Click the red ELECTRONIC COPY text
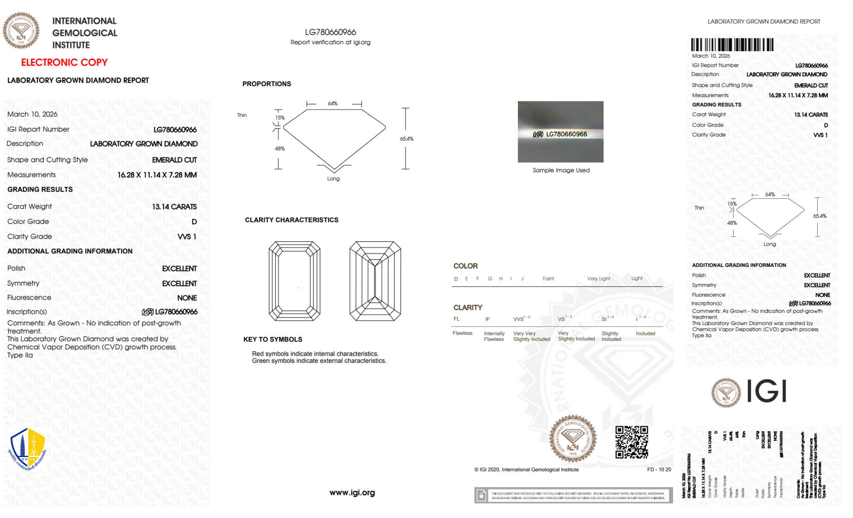tap(64, 62)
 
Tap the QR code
tap(631, 442)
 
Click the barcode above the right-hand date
tap(732, 45)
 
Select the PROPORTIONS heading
tap(266, 84)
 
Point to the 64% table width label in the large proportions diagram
tap(333, 104)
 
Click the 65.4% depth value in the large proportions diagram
tap(406, 139)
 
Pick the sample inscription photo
tap(560, 132)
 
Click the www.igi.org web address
tap(352, 493)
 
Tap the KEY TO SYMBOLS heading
tap(273, 339)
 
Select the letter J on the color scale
tap(522, 279)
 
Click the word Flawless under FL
tap(462, 333)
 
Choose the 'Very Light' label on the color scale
tap(599, 279)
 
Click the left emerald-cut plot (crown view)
tap(294, 281)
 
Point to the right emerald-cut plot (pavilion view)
tap(375, 281)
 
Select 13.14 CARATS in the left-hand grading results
tap(174, 207)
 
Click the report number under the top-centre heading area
tap(330, 32)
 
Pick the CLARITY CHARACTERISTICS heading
tap(292, 220)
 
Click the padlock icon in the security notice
tap(481, 495)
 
